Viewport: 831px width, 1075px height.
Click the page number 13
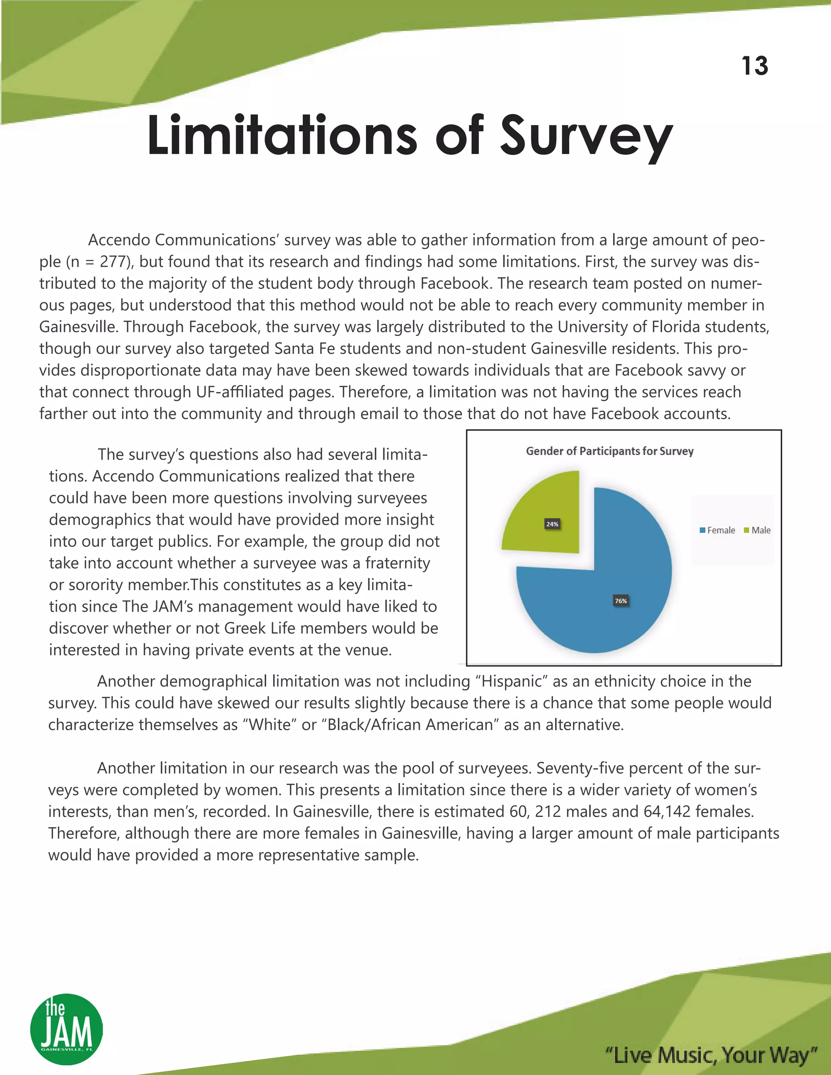point(754,66)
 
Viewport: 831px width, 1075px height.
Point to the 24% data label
point(552,524)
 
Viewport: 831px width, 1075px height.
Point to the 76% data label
point(621,601)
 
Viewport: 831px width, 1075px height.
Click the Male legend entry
point(758,530)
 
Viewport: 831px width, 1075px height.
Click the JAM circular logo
point(67,1029)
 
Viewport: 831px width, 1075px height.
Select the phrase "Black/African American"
point(409,725)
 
